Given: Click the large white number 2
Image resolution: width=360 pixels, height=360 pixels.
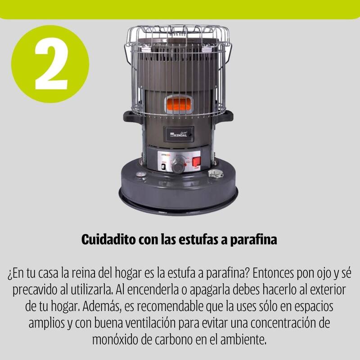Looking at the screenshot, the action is [x=51, y=63].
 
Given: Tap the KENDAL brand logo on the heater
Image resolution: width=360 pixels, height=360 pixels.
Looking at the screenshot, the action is [x=179, y=134].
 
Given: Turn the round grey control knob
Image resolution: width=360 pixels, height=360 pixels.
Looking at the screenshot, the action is [x=178, y=164].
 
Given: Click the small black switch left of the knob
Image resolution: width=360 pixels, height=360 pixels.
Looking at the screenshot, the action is [x=163, y=166].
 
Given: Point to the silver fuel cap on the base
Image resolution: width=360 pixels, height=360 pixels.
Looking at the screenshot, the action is [x=216, y=174].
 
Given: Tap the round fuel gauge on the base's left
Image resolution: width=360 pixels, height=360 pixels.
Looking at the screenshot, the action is [x=141, y=174].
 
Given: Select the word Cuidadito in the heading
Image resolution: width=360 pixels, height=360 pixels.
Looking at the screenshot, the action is [x=108, y=239].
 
